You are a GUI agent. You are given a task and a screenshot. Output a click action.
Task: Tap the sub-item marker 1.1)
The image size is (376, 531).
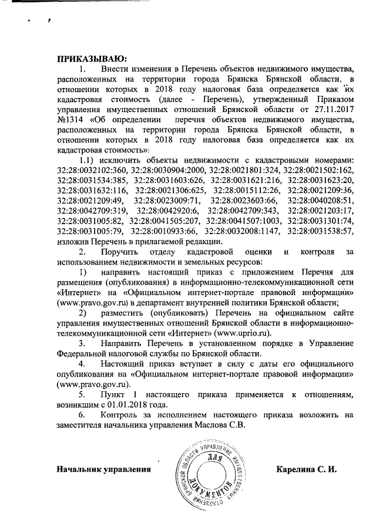[x=88, y=160]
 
